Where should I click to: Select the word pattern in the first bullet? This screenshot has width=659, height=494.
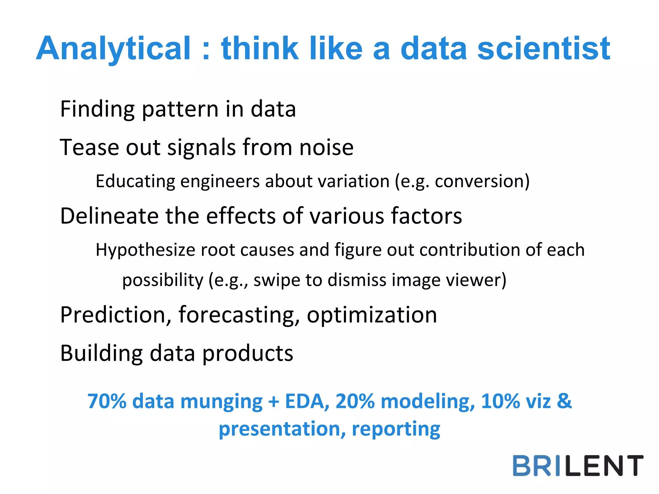180,109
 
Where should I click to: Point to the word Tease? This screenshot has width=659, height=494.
89,147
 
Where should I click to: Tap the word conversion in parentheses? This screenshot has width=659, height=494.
479,181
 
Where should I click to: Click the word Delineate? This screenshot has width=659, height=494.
109,216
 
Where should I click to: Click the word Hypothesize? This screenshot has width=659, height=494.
145,250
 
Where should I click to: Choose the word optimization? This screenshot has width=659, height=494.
372,315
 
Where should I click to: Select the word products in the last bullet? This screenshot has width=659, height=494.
248,353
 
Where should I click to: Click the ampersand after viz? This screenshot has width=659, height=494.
564,402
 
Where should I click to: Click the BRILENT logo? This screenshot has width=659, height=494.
578,466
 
